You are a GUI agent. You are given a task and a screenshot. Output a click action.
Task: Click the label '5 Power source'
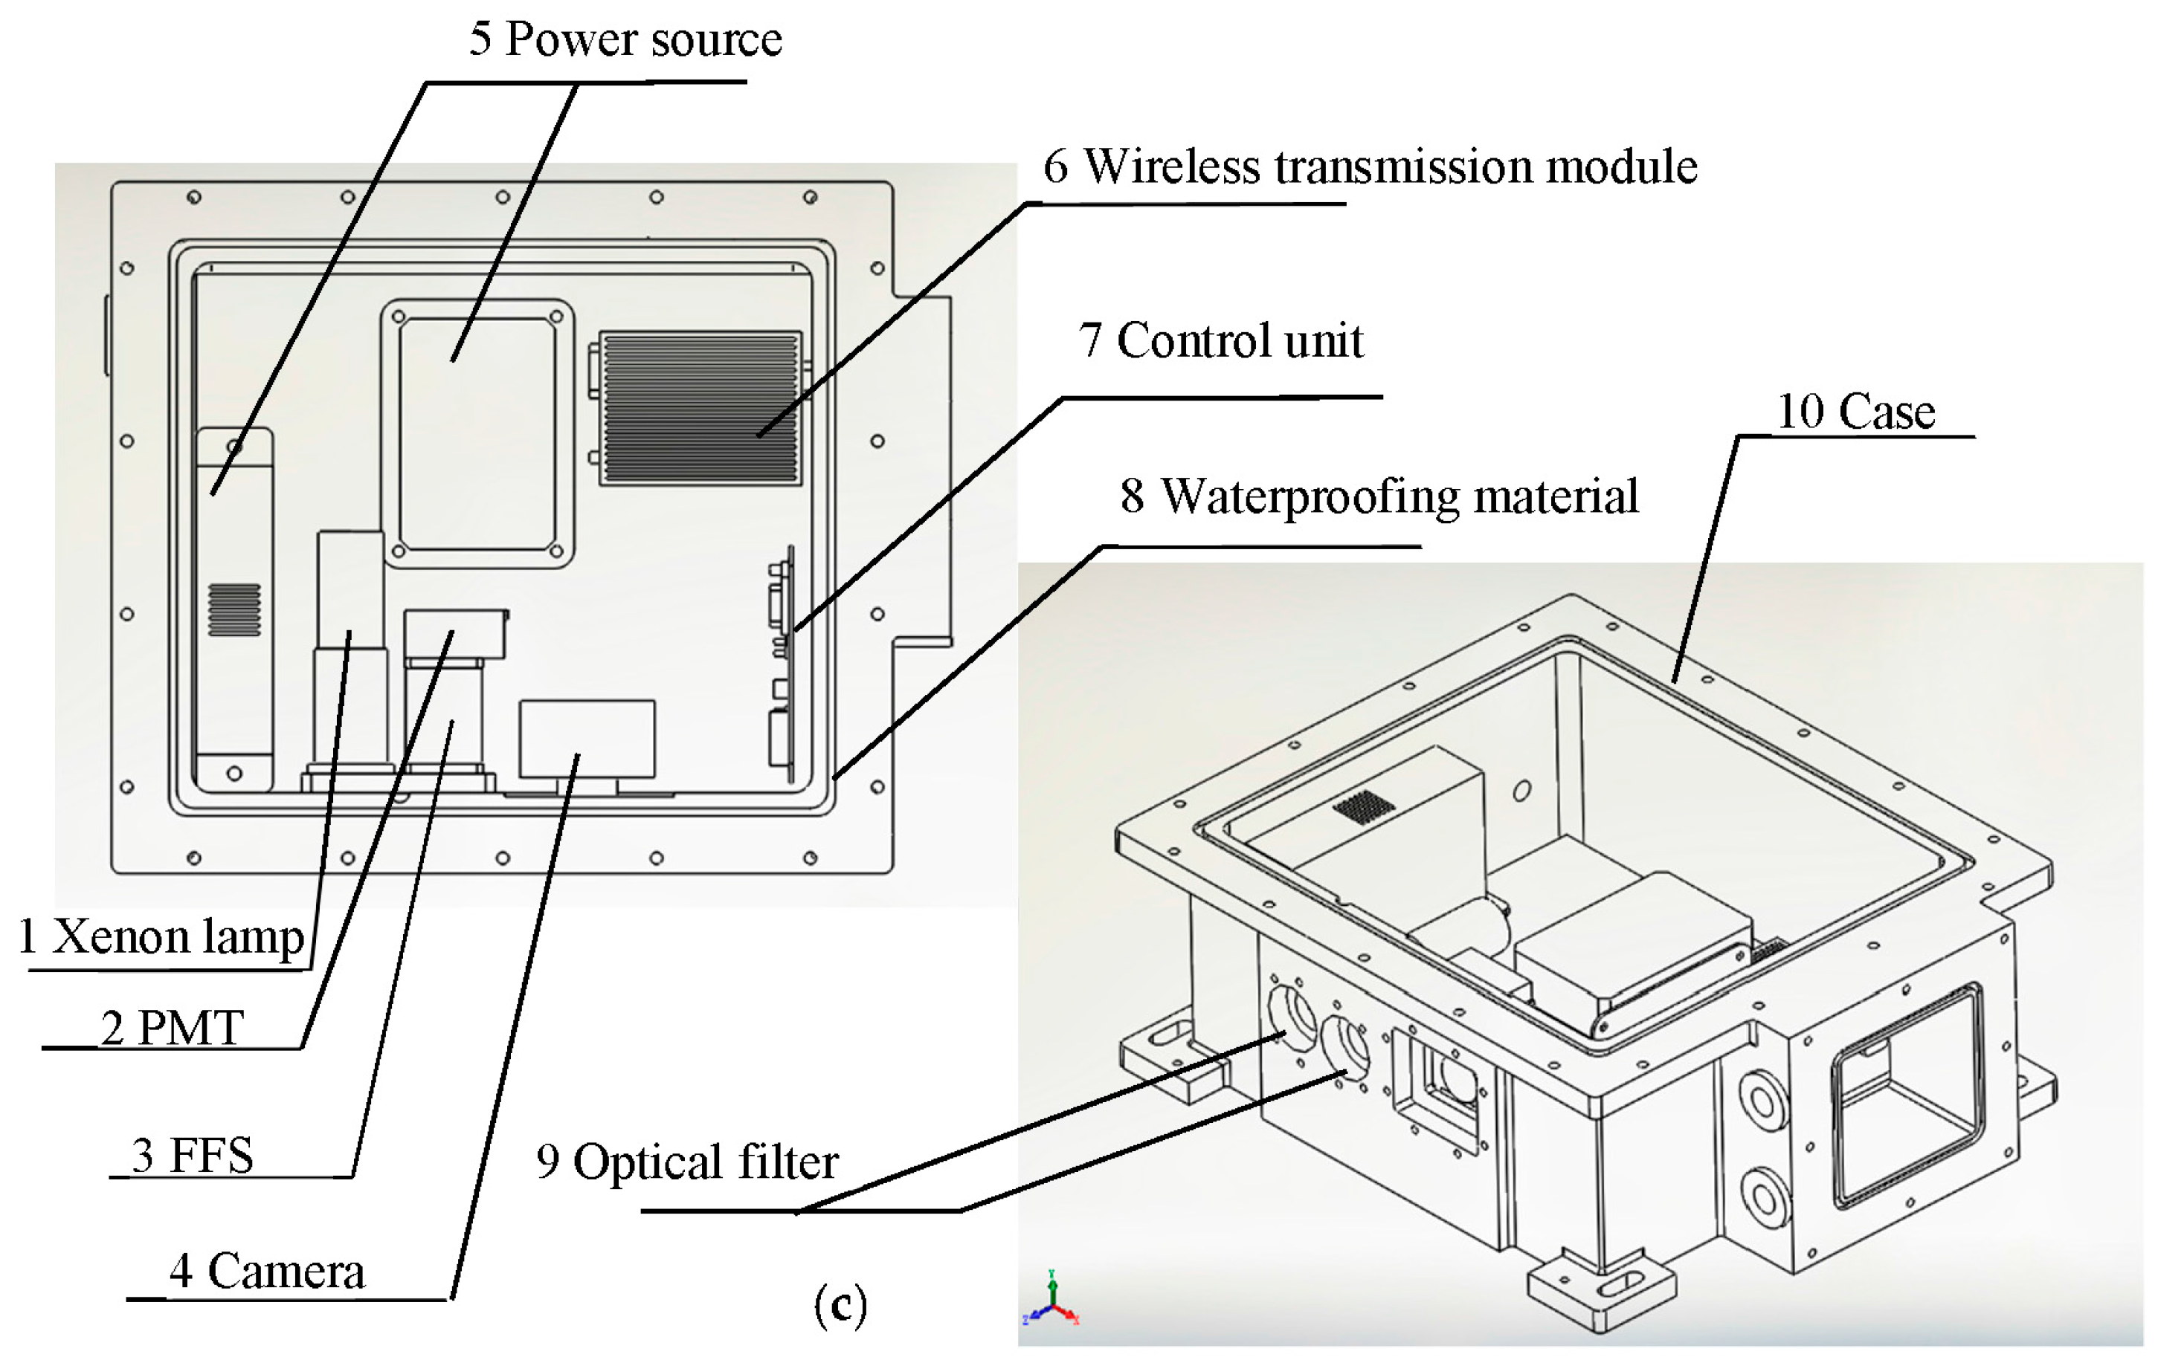tap(625, 40)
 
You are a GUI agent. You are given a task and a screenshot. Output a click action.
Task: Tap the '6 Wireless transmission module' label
tap(1369, 167)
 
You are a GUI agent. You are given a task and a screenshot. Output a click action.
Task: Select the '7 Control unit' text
tap(1220, 341)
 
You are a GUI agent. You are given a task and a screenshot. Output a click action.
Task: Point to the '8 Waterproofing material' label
tap(1379, 497)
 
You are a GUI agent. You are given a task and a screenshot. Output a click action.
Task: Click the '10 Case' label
tap(1855, 412)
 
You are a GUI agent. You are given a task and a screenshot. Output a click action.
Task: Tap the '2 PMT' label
tap(171, 1029)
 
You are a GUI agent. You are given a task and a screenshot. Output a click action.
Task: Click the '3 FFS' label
tap(192, 1156)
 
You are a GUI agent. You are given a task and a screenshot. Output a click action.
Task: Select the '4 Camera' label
tap(267, 1272)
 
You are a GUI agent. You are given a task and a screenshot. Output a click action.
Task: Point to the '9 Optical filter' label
tap(687, 1163)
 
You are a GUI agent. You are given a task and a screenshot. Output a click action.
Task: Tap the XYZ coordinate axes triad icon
tap(1052, 1298)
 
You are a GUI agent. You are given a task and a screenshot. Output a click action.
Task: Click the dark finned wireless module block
tap(700, 409)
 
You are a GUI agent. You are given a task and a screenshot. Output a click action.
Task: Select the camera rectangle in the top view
tap(587, 738)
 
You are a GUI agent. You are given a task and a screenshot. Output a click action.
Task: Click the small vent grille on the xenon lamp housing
tap(234, 610)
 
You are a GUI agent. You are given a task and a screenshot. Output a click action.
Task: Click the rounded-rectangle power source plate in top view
tap(477, 433)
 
